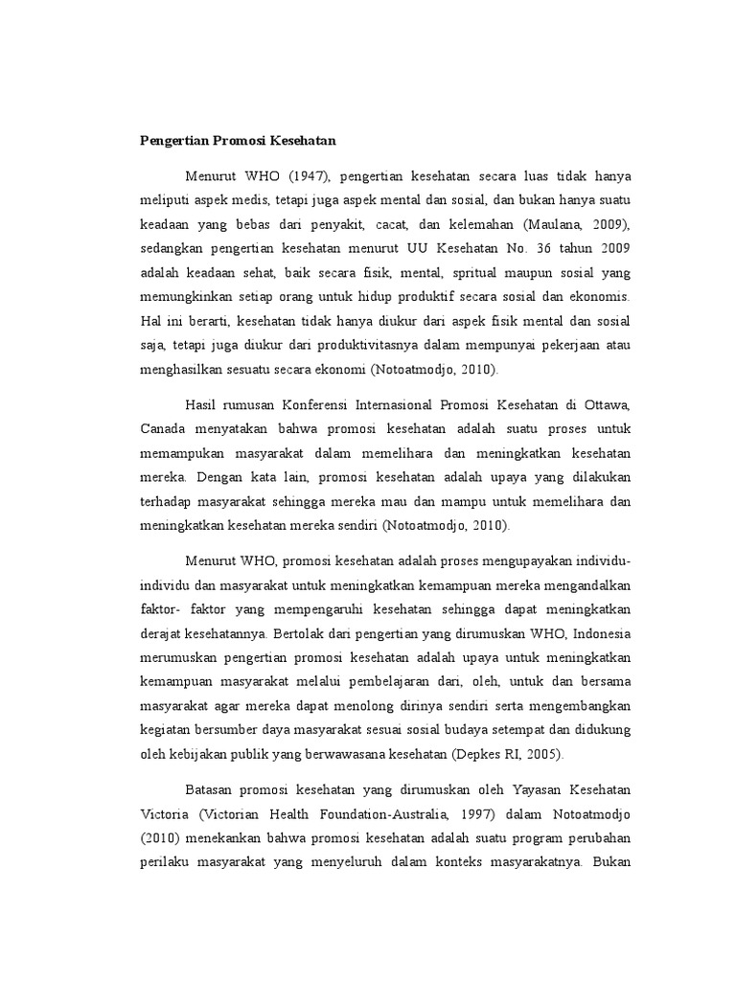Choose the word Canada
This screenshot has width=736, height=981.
click(158, 429)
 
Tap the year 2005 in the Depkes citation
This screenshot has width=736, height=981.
click(544, 755)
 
